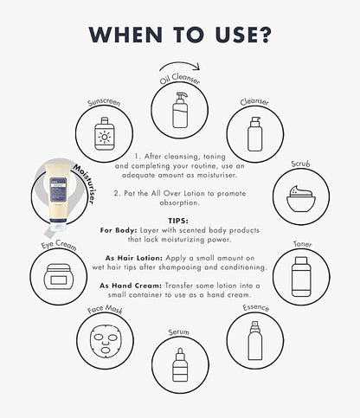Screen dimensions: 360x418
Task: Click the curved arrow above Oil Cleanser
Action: coord(179,64)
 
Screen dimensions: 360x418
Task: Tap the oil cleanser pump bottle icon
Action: coord(180,110)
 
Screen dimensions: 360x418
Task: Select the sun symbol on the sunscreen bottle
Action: coord(104,137)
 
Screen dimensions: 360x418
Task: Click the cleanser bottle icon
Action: coord(255,134)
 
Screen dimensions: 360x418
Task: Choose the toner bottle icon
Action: coord(301,277)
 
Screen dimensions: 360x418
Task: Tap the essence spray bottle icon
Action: coord(255,341)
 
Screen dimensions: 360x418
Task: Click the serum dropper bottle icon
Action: coord(180,364)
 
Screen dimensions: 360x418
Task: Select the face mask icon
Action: coord(106,341)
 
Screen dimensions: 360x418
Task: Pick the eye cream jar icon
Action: coord(59,276)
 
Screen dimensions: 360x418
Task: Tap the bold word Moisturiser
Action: coord(84,184)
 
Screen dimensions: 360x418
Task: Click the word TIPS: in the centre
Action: coord(178,221)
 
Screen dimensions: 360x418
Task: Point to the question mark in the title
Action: coord(263,35)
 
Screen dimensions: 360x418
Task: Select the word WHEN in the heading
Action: coord(125,35)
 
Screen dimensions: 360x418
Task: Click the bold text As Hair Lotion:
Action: coord(134,258)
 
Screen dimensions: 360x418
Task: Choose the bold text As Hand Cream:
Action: coord(131,286)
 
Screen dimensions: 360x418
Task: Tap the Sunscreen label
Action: coord(104,102)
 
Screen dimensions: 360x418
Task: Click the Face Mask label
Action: coord(105,309)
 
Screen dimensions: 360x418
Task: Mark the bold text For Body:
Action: coord(119,230)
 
